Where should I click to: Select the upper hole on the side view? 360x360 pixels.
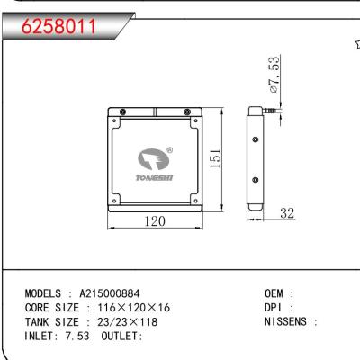coord(256,141)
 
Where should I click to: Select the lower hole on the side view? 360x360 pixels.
coord(256,181)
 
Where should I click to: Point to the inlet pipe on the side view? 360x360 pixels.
coord(268,111)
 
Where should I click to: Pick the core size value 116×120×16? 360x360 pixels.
coord(132,308)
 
